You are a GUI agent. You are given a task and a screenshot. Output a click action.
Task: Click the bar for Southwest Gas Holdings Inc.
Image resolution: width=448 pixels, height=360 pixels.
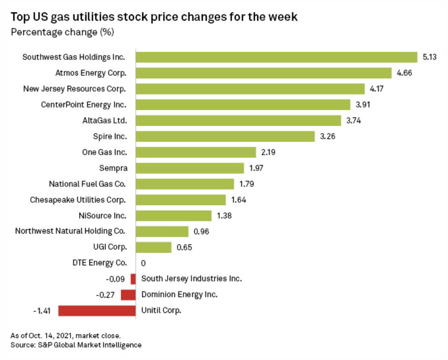[277, 57]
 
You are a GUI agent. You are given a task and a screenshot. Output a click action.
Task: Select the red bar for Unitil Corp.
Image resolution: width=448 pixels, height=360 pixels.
[97, 311]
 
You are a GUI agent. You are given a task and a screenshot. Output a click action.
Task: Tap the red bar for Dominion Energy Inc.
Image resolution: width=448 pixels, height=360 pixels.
[128, 295]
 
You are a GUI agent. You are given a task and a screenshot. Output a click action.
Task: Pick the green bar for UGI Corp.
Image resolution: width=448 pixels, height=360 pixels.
[154, 247]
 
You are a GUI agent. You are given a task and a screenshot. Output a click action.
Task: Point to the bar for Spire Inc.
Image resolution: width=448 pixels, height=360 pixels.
[225, 136]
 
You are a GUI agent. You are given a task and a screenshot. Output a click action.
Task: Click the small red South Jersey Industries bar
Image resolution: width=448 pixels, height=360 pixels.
[133, 279]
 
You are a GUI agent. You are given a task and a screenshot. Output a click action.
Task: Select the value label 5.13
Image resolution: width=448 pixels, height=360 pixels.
[430, 57]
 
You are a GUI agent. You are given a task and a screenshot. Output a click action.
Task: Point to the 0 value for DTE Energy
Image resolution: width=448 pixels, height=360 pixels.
[143, 263]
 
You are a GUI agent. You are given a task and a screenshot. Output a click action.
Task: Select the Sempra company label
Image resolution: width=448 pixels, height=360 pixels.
[112, 168]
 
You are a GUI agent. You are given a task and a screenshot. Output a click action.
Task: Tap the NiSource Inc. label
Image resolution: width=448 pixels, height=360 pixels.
[102, 215]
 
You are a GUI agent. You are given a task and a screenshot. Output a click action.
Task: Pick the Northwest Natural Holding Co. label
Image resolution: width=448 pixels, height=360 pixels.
[70, 231]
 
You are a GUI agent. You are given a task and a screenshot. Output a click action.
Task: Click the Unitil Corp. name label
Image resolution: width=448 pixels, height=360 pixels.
[162, 311]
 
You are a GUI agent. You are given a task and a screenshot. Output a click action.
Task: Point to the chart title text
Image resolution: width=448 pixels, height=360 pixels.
[154, 17]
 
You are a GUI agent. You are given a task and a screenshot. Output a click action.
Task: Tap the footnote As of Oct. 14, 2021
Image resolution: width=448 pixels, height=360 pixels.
[65, 336]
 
